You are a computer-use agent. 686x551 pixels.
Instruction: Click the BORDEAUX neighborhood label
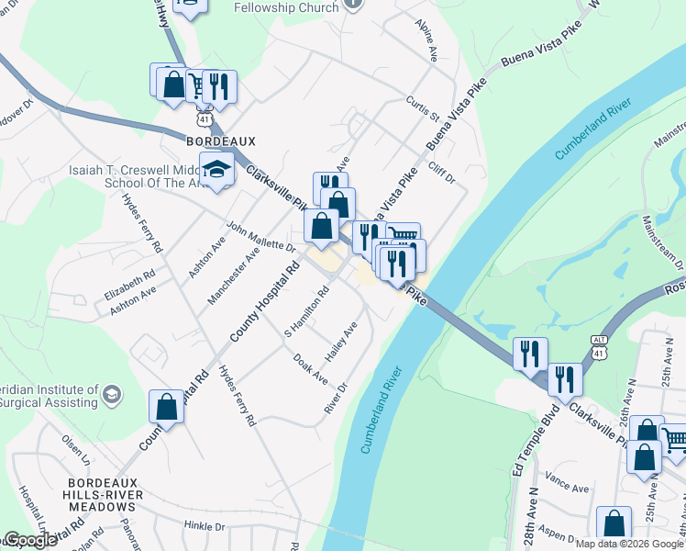220,141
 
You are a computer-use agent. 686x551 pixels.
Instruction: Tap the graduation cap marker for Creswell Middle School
217,172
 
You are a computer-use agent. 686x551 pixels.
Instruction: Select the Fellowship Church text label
286,7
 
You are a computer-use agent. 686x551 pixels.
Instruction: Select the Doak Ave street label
310,368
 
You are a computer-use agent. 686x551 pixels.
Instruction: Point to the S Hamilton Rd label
307,311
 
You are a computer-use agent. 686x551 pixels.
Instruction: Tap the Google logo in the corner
29,541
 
